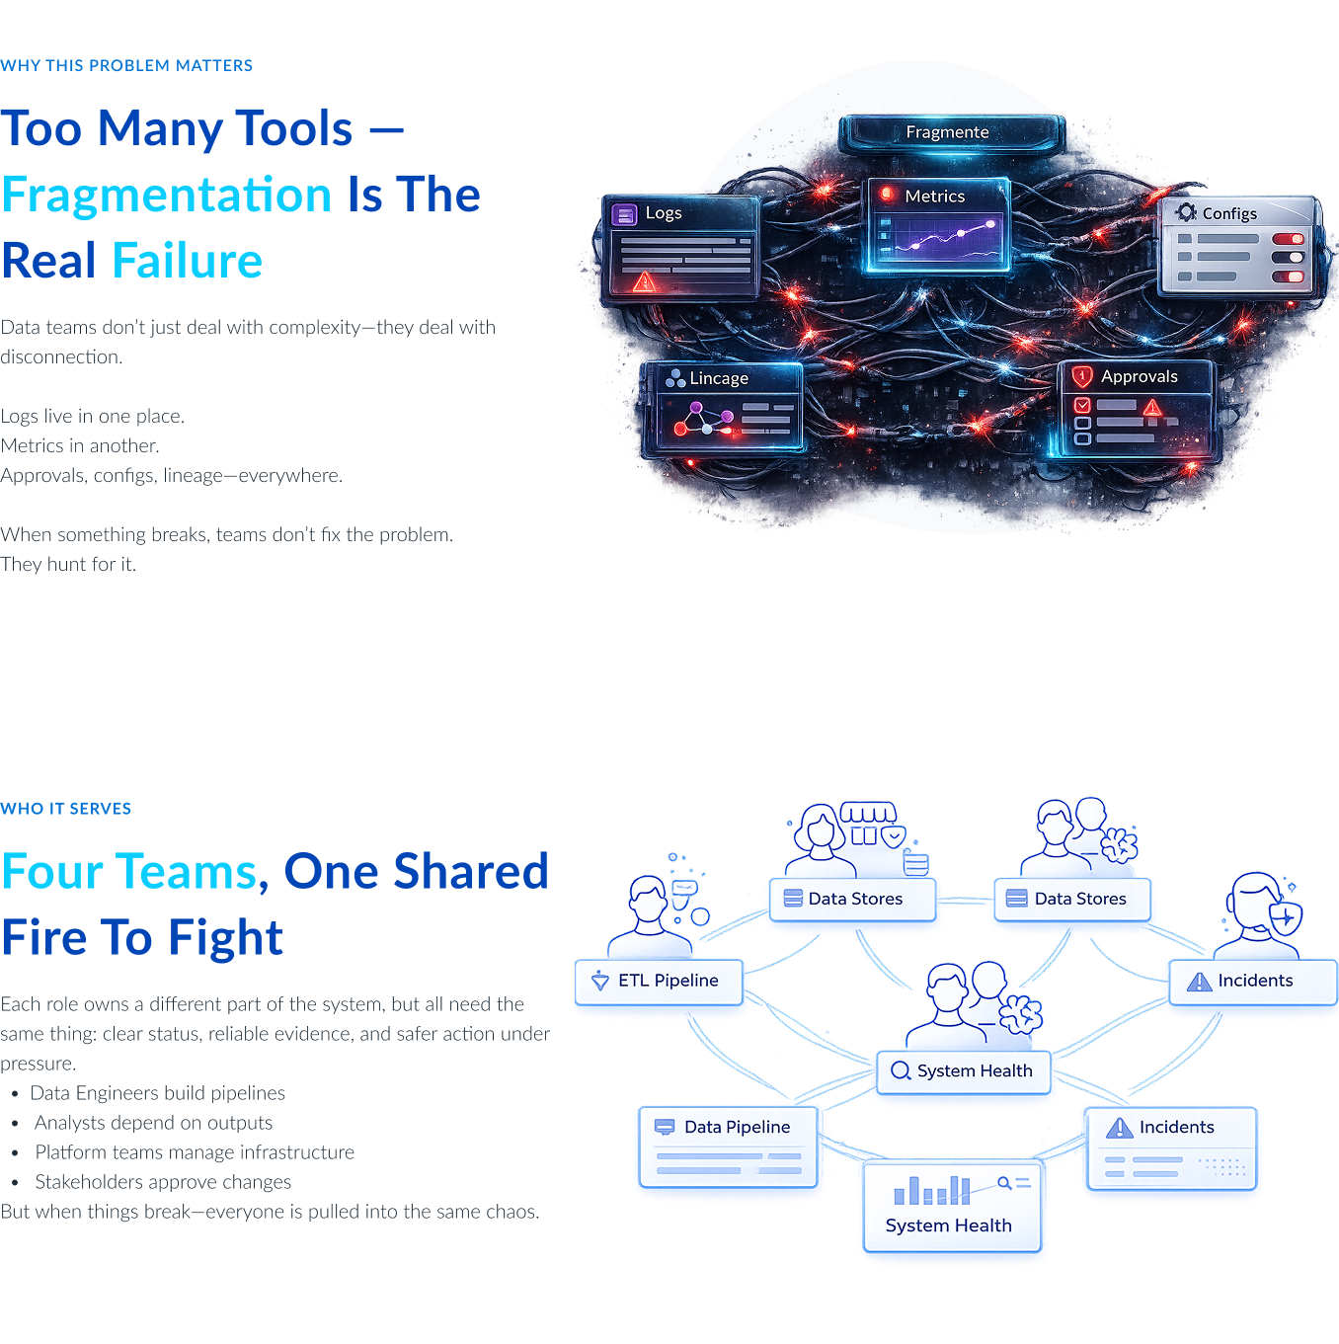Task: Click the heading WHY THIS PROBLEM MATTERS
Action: [x=126, y=65]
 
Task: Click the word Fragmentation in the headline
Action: [x=166, y=195]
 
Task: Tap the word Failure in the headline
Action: [x=187, y=261]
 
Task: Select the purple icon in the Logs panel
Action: [x=624, y=214]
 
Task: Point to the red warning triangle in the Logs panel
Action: [x=644, y=281]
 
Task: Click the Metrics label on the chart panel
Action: [x=934, y=196]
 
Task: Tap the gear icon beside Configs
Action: [x=1186, y=212]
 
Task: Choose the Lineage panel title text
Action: [x=719, y=378]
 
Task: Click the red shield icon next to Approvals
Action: [x=1081, y=376]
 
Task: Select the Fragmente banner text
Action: [x=947, y=131]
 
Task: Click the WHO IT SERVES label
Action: [x=65, y=809]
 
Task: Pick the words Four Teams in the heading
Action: [x=129, y=871]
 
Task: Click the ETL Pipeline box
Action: [x=658, y=982]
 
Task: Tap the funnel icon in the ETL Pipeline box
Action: [x=599, y=981]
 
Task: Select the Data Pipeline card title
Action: [x=737, y=1127]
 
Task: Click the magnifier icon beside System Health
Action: [x=901, y=1070]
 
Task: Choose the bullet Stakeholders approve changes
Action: [x=163, y=1182]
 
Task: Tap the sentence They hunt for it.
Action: [x=68, y=564]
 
